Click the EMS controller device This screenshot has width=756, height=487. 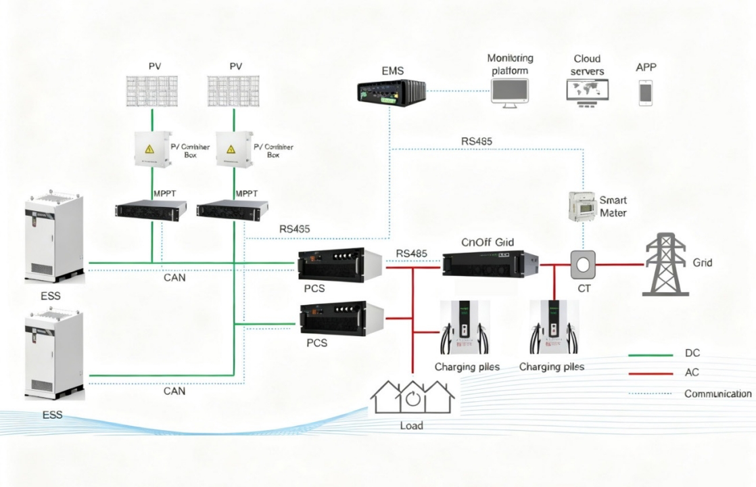[x=391, y=91]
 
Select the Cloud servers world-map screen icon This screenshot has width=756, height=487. [x=587, y=93]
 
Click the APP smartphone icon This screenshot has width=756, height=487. [x=646, y=92]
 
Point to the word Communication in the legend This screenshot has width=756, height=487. [x=717, y=394]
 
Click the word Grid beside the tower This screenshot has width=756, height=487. [x=703, y=262]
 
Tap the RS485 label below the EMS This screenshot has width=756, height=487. [x=477, y=141]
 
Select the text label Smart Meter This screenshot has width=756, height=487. [x=613, y=206]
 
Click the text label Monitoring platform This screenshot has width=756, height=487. [x=511, y=64]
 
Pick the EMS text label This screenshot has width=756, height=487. [x=392, y=70]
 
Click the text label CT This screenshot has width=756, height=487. [x=582, y=288]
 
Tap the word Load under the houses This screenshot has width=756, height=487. [x=411, y=425]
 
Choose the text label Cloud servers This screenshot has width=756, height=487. [x=587, y=65]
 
